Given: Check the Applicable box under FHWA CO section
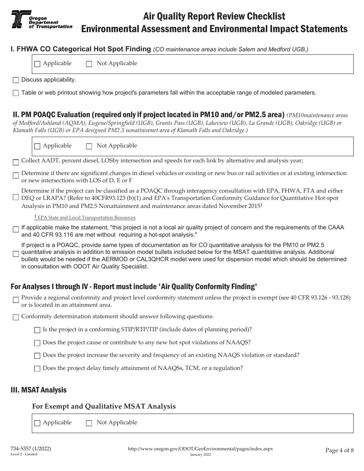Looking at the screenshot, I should click(x=37, y=64).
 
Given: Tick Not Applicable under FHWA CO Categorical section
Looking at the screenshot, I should click(x=89, y=64).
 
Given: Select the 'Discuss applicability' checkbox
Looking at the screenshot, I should click(x=16, y=80).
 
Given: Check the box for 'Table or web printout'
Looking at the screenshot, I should click(x=16, y=93).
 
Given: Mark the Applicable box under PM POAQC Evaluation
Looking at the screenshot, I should click(x=37, y=146).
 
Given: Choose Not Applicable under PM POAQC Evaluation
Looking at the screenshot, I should click(x=89, y=146).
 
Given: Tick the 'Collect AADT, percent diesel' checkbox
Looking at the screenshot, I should click(x=16, y=162).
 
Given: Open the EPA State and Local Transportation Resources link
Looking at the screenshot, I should click(x=87, y=218).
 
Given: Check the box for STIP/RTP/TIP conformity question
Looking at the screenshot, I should click(x=37, y=330).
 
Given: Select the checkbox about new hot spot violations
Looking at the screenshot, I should click(x=37, y=343).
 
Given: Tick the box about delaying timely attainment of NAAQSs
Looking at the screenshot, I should click(x=37, y=369).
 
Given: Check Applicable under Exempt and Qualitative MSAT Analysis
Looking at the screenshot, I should click(x=37, y=423).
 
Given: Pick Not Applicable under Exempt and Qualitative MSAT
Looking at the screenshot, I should click(x=89, y=423).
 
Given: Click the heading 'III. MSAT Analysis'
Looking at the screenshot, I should click(x=39, y=390).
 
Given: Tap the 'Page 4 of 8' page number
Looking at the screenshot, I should click(x=339, y=450).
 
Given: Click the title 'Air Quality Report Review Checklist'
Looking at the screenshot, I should click(x=214, y=16).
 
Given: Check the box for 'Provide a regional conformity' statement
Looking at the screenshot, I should click(x=16, y=301).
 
